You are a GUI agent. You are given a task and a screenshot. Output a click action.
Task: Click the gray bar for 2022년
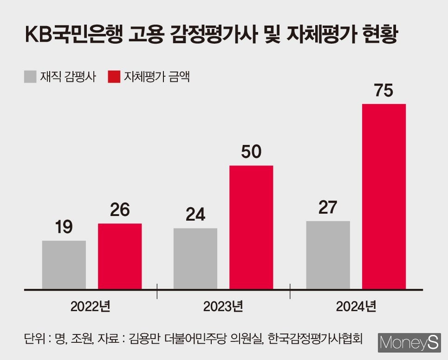[64, 265]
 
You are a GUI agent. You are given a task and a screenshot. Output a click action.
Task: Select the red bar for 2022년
[120, 256]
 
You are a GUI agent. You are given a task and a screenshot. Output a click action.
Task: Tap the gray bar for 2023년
[195, 259]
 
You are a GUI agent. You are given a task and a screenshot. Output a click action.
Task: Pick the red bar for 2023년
[251, 227]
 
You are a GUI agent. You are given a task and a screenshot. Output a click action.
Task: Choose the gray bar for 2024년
[328, 255]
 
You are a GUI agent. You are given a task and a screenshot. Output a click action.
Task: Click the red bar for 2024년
[384, 196]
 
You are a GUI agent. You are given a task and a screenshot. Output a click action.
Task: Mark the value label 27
[328, 208]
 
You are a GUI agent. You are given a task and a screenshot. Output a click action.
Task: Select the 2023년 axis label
[223, 307]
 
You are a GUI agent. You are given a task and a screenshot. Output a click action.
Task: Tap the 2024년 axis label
[356, 307]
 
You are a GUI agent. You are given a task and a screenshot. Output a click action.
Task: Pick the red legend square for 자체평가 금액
[113, 77]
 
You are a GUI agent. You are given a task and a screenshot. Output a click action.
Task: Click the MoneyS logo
[409, 343]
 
